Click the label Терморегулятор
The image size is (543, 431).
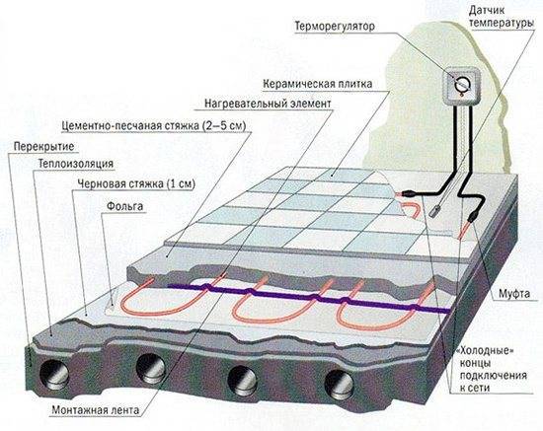pos(335,27)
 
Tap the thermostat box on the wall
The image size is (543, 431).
pos(462,85)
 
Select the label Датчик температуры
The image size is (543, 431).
pos(502,17)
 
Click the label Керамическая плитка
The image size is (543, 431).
pos(318,84)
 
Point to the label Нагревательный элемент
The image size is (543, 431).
pos(268,104)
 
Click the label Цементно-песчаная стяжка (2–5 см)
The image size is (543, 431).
pos(154,125)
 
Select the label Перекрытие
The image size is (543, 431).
pos(44,146)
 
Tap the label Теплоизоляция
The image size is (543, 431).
pos(76,164)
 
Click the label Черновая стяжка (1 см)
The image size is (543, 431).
pos(136,183)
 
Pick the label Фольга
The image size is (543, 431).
pos(124,206)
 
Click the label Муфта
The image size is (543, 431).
pos(514,294)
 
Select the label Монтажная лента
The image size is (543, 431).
pos(95,410)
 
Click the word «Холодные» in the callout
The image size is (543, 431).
pos(486,351)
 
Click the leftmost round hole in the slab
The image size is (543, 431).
pos(53,375)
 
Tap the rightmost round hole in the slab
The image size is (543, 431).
pos(340,384)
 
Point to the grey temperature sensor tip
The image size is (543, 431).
pos(434,211)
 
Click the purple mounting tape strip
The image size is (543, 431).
pos(309,297)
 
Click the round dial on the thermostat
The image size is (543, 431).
pos(462,84)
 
